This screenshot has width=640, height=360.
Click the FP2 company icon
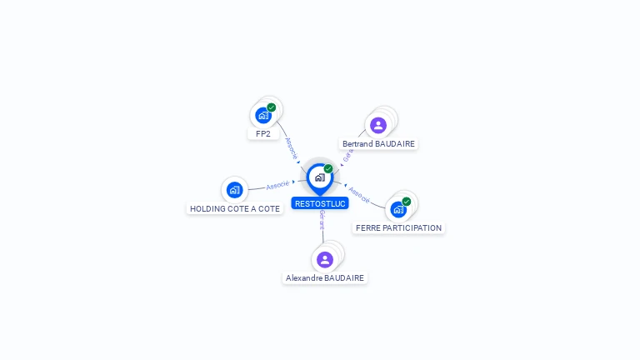pos(263,114)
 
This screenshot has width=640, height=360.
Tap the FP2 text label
pos(263,133)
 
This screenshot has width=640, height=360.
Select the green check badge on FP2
pos(272,107)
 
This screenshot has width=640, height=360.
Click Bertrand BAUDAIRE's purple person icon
pos(378,125)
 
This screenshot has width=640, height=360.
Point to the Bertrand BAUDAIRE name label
pos(378,144)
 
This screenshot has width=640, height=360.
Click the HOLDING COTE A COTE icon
pos(234,190)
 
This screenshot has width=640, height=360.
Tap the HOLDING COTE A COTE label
pos(235,209)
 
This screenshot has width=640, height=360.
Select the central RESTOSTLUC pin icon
pos(320,177)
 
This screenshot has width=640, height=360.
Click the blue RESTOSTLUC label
pos(320,203)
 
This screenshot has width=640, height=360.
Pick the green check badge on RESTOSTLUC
pos(328,169)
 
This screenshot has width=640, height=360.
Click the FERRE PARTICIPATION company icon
pos(398,208)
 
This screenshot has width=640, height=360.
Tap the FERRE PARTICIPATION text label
pos(398,227)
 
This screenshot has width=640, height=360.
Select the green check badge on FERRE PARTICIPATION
pos(407,202)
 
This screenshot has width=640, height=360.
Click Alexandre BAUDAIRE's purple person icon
pos(325,259)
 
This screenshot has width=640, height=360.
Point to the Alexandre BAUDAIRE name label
pos(325,277)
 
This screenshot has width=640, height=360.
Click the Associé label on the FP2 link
pos(291,148)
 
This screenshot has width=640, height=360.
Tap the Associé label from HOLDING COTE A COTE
pos(277,185)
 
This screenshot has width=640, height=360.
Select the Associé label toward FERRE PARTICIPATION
pos(360,193)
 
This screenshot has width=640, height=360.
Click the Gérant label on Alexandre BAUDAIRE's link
pos(322,221)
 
